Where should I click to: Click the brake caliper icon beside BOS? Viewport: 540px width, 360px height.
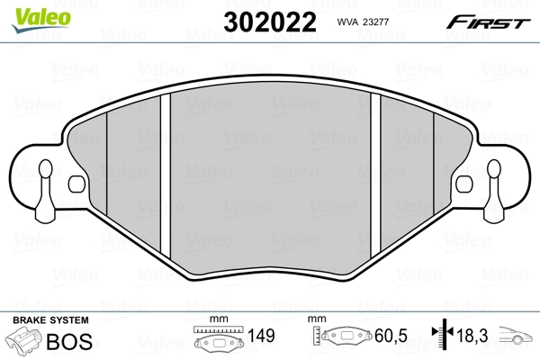click(26, 342)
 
